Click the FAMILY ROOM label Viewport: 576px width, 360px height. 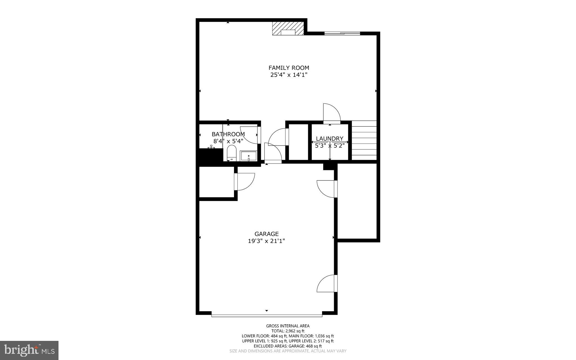(289, 68)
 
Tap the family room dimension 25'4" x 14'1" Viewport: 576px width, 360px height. (289, 75)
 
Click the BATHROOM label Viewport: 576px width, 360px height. (228, 134)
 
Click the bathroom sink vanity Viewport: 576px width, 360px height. (248, 156)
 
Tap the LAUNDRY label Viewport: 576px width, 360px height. (330, 138)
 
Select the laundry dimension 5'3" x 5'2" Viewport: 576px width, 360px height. (330, 146)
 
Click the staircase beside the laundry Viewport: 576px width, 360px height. (364, 140)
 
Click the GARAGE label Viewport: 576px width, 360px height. (266, 234)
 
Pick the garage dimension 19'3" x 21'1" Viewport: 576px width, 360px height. (266, 241)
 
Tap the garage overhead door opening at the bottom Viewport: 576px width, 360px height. (267, 316)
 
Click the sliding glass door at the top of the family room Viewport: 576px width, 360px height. (342, 33)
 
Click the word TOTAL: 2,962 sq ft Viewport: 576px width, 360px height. (288, 331)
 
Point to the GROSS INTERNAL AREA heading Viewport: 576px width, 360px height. (288, 326)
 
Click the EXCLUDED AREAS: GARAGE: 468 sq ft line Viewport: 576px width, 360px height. (288, 346)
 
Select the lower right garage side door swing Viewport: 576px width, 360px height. (327, 284)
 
